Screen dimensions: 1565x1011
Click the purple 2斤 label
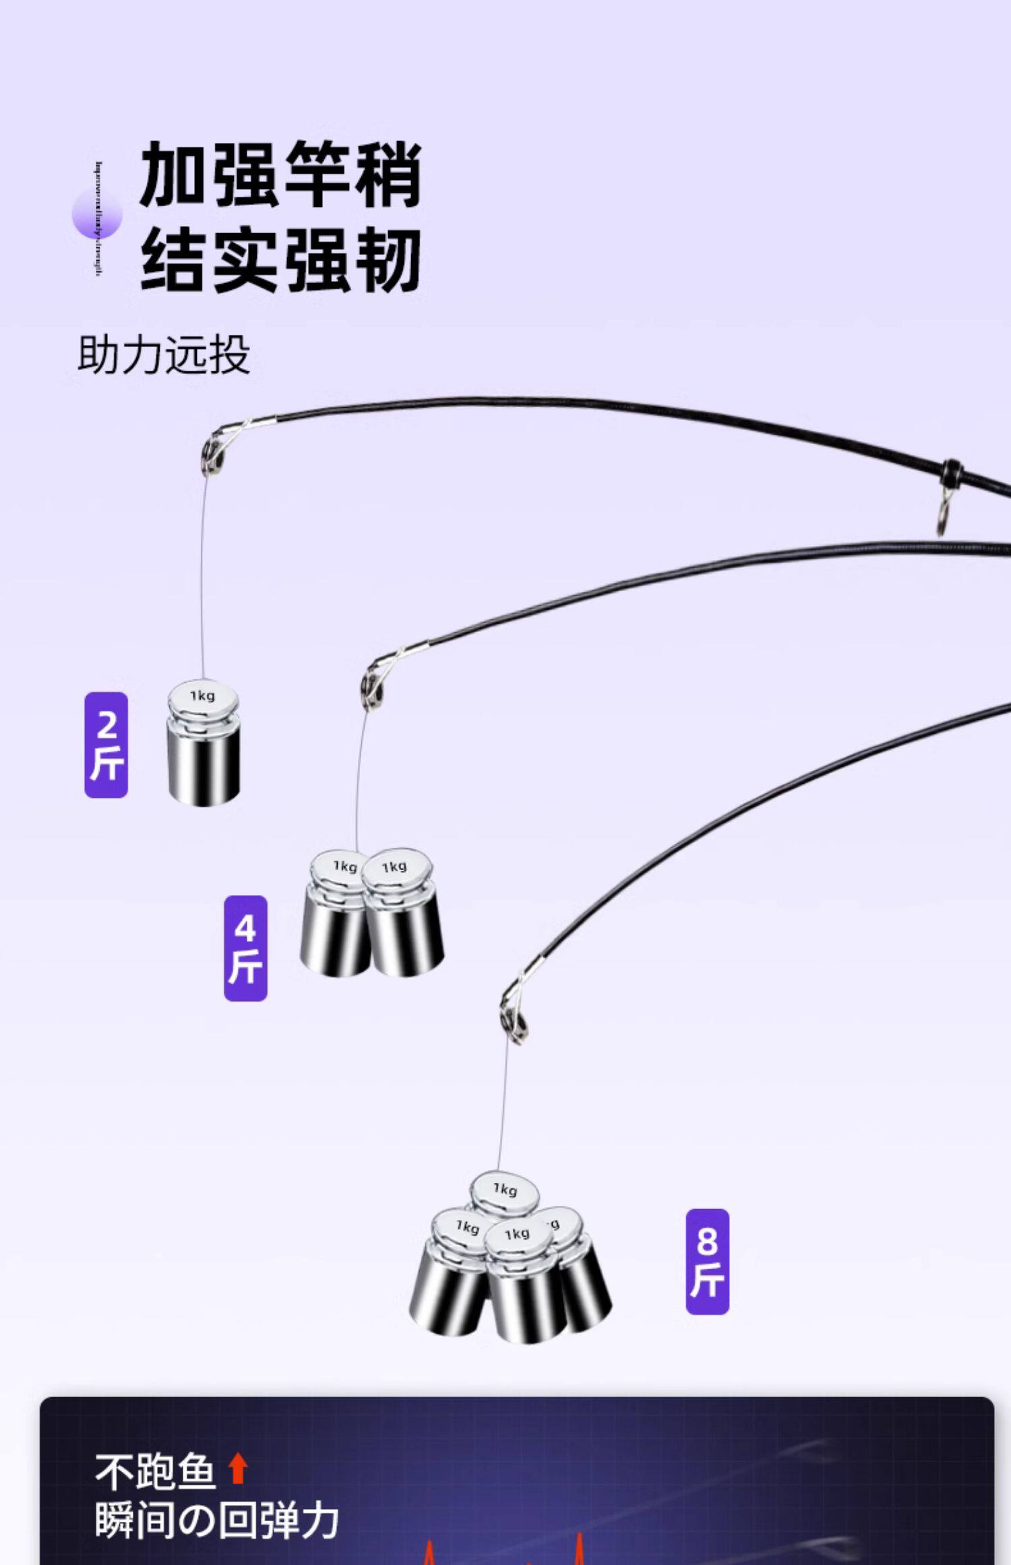tap(106, 745)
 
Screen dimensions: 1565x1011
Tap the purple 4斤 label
tap(245, 948)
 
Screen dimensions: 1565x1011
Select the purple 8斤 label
tap(707, 1262)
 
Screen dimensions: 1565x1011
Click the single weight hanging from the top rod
tap(204, 743)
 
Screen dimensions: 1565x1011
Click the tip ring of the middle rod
tap(371, 685)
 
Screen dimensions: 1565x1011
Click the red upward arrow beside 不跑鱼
tap(237, 1469)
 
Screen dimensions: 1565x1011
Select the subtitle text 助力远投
tap(164, 355)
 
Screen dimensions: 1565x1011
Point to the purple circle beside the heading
tap(97, 214)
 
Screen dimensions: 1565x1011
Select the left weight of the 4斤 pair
tap(336, 915)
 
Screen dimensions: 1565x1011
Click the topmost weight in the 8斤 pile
tap(505, 1194)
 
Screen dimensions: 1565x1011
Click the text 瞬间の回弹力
tap(216, 1521)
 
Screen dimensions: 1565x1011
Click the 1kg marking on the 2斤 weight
tap(202, 696)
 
